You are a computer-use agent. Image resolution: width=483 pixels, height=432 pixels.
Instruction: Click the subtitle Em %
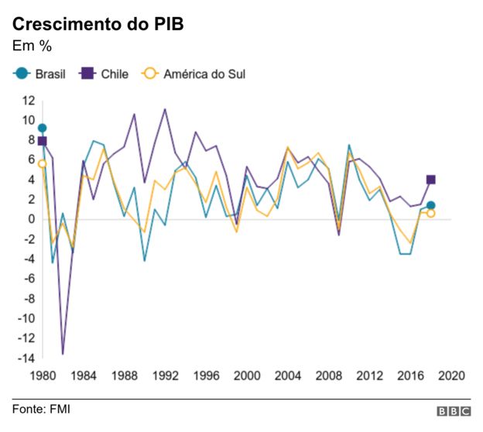click(x=32, y=46)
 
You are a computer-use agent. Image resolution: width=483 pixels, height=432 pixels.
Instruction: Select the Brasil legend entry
click(x=40, y=74)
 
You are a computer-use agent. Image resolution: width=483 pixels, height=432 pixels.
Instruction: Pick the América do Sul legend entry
click(x=194, y=74)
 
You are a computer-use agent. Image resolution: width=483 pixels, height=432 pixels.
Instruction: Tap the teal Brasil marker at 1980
click(x=42, y=128)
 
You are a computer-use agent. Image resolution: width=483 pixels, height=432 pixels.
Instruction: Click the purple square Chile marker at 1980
click(x=42, y=141)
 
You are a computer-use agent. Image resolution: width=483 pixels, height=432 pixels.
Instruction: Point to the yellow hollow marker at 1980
click(x=42, y=163)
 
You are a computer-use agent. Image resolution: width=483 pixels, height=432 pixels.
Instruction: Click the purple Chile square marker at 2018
click(x=430, y=180)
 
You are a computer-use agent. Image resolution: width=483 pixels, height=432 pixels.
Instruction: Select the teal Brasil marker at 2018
click(x=430, y=206)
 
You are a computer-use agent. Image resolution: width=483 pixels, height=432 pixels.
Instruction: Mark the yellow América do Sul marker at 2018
click(x=430, y=214)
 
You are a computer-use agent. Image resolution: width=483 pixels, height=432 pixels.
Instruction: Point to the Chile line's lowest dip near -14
click(x=63, y=354)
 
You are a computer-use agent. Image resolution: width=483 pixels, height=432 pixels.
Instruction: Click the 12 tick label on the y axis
click(x=29, y=100)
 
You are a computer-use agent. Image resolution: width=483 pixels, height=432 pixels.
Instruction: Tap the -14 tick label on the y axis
click(x=27, y=358)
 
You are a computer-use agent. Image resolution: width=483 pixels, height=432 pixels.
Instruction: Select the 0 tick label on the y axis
click(x=32, y=219)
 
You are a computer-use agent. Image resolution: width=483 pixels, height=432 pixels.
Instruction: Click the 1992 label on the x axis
click(x=164, y=375)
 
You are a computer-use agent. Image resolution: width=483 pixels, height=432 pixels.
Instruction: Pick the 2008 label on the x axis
click(x=329, y=375)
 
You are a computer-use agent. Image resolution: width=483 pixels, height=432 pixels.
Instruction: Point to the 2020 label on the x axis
click(x=450, y=375)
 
